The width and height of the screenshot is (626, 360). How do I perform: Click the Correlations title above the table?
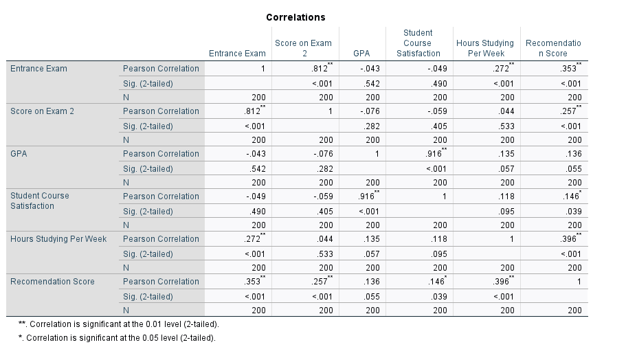(295, 17)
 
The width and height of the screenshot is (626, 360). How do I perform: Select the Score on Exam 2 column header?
(303, 48)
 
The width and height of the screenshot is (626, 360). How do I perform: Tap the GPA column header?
(361, 53)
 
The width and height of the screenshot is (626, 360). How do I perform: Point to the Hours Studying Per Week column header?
(484, 48)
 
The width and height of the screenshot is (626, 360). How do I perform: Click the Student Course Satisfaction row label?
(40, 201)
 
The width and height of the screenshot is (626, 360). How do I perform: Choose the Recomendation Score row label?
(52, 281)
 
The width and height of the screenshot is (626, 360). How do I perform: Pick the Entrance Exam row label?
(38, 69)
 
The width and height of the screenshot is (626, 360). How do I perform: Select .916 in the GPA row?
(432, 153)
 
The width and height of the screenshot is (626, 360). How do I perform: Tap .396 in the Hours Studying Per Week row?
(568, 238)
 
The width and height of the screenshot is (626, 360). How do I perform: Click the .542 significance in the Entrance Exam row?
(371, 84)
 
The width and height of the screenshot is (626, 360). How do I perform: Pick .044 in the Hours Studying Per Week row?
(324, 238)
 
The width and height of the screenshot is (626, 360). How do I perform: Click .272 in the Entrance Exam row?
(503, 69)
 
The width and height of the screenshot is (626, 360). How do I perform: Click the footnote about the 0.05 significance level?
(116, 338)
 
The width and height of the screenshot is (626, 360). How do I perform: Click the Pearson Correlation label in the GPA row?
(161, 153)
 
